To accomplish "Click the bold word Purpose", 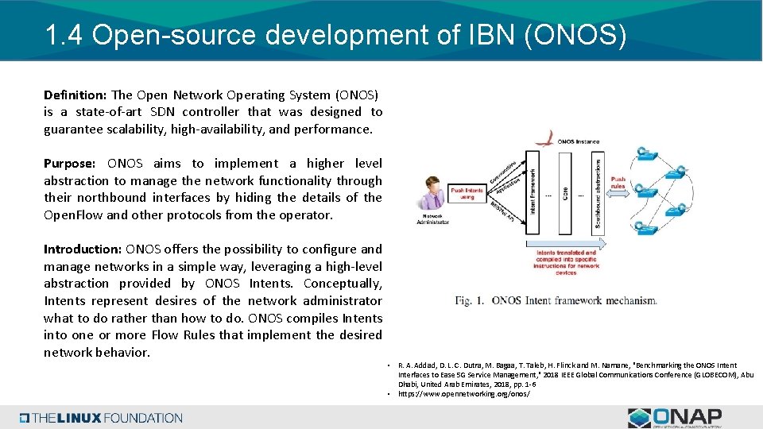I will coord(69,164).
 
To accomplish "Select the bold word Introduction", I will coord(83,249).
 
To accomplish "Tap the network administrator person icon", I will coord(432,194).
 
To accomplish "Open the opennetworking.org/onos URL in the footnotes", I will coord(463,393).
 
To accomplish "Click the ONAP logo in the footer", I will coord(675,417).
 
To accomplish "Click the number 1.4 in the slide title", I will coord(64,35).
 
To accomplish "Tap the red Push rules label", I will coord(618,184).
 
